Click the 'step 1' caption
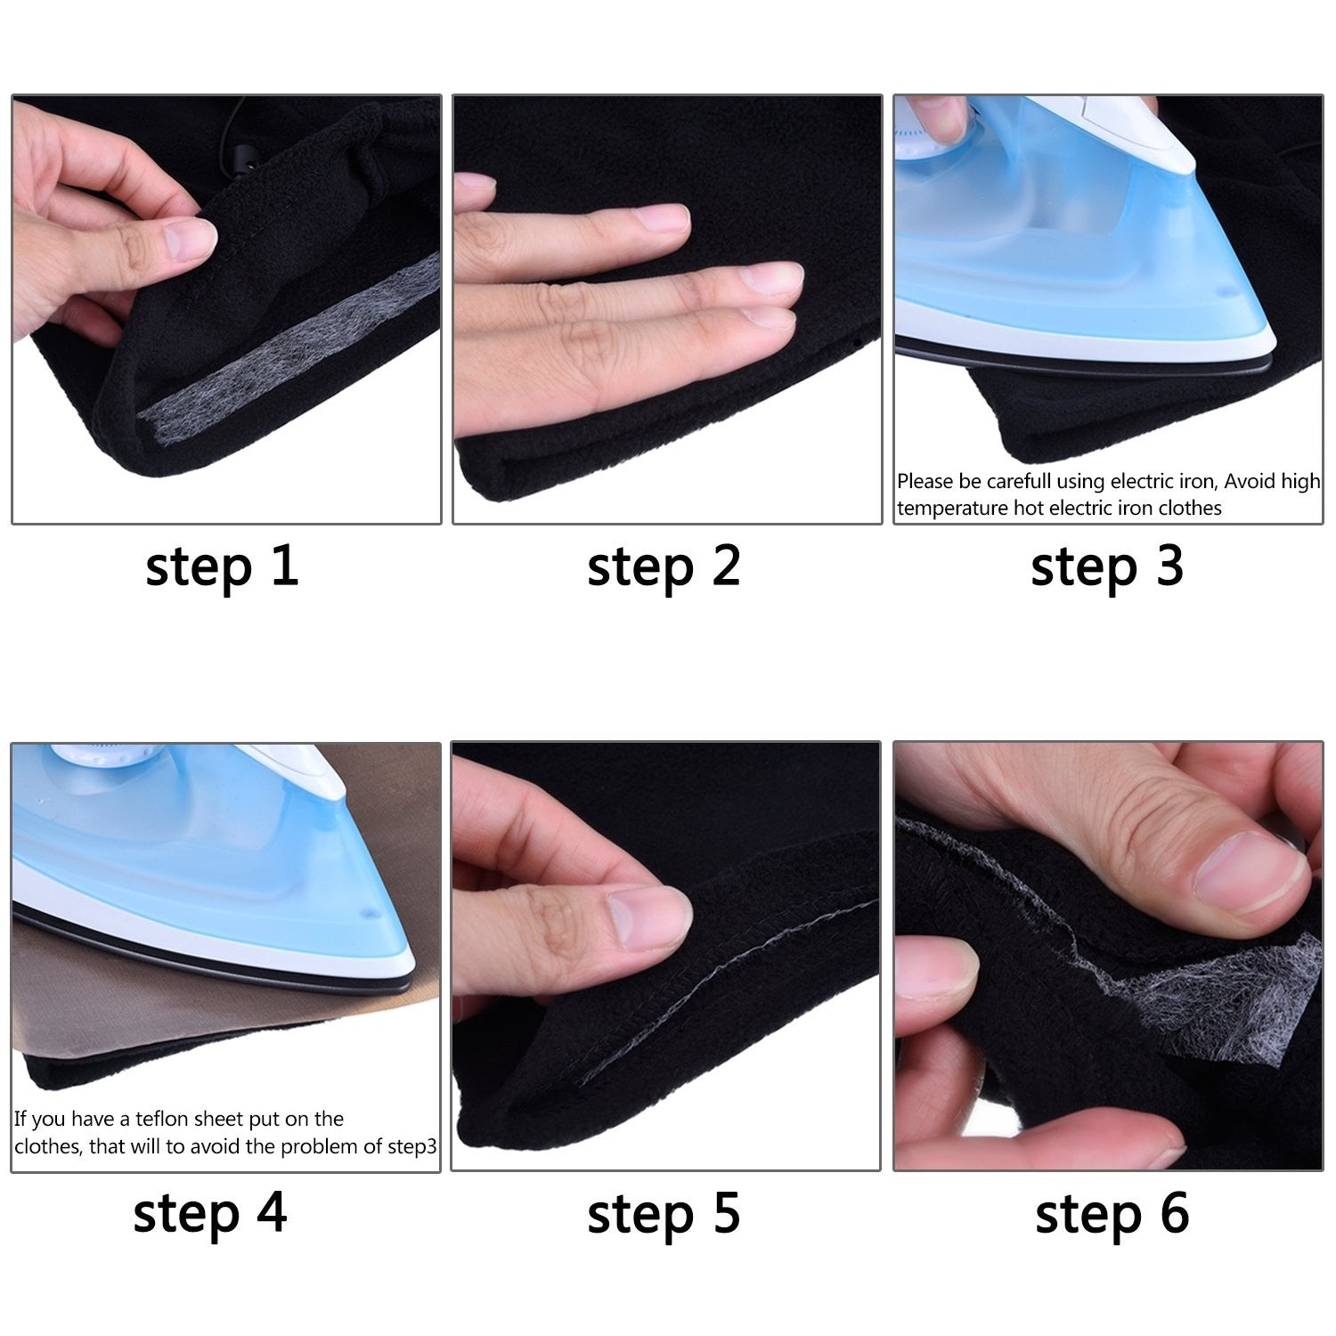coord(222,567)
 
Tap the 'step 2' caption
coord(664,567)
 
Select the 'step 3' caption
coord(1106,567)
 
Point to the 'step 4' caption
coord(210,1214)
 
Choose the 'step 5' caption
coord(664,1214)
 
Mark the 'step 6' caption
coord(1112,1214)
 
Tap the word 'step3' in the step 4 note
coord(411,1146)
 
